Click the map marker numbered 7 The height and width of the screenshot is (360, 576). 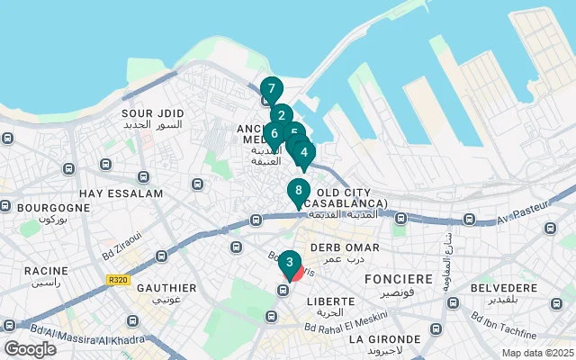coord(271,89)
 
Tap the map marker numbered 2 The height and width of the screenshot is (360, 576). coord(281,115)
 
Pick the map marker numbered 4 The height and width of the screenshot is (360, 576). coord(304,152)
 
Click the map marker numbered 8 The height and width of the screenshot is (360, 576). coord(298,191)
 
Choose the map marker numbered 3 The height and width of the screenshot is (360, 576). coord(288,263)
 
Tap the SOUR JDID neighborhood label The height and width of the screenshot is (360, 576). coord(152,113)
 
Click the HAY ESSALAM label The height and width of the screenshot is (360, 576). coord(121,193)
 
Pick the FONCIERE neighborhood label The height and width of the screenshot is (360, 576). coord(399,280)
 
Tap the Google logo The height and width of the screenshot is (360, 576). coord(30,348)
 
